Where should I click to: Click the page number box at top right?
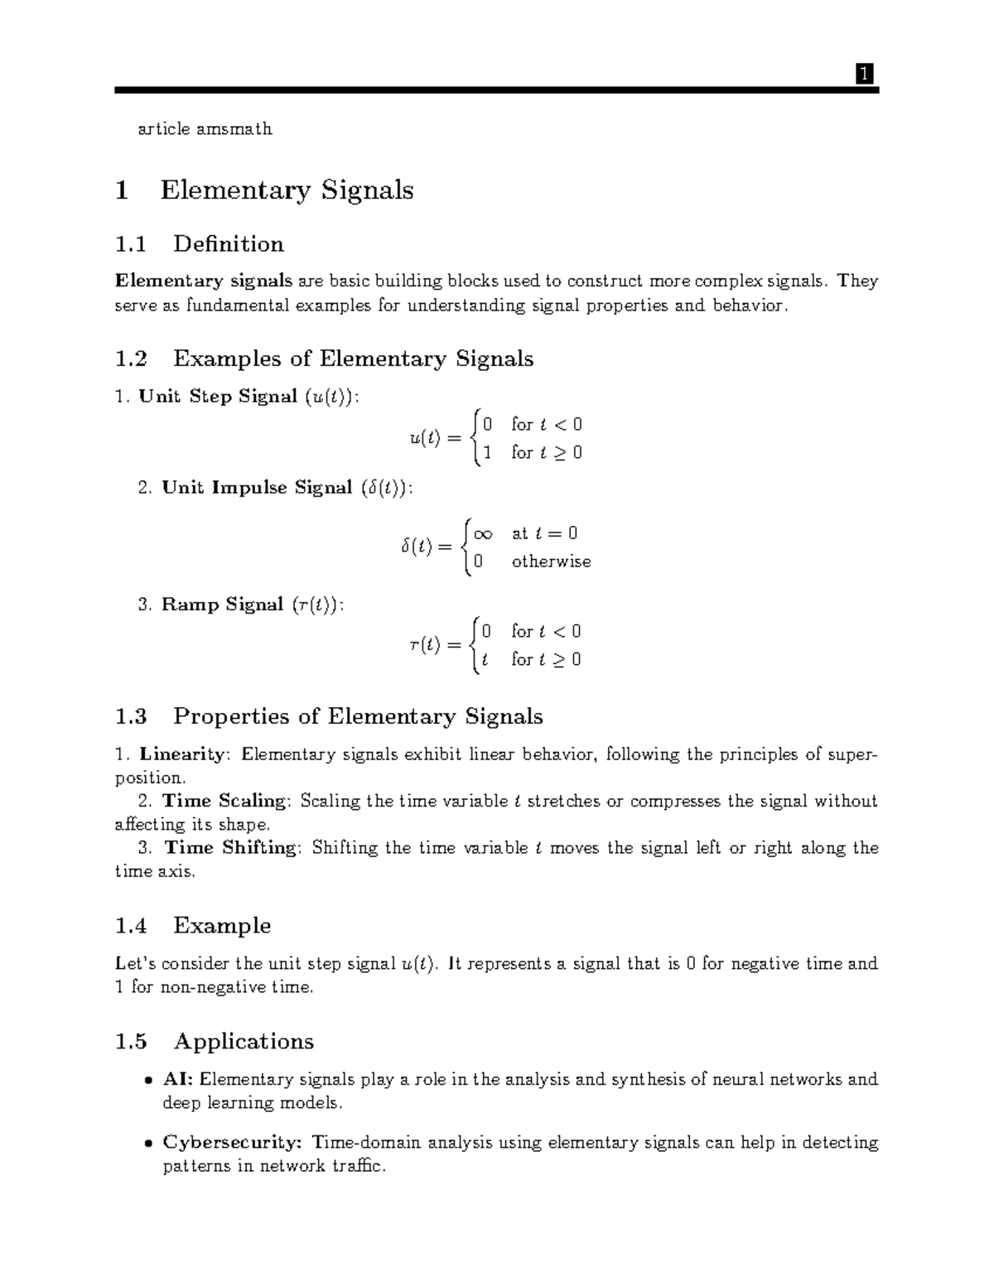pos(863,75)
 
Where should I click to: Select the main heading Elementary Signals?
pos(287,190)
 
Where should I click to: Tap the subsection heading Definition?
pos(229,244)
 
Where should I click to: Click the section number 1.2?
pos(131,359)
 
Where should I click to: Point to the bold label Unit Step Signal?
pos(218,397)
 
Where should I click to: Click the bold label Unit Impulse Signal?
pos(257,488)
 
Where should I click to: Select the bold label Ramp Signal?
pos(222,604)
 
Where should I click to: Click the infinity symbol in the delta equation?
pos(483,534)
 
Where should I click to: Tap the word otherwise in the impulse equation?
pos(551,561)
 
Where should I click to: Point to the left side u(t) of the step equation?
pos(423,438)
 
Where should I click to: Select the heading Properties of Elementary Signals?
pos(358,716)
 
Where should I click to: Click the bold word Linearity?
pos(181,754)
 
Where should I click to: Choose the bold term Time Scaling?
pos(224,801)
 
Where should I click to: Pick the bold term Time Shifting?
pos(229,847)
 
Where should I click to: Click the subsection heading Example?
pos(222,926)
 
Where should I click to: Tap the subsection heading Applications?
pos(244,1042)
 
